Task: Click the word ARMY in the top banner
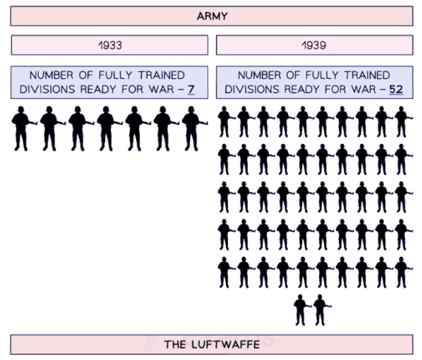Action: (212, 16)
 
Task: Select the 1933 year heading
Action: (110, 45)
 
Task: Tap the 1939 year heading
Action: (314, 45)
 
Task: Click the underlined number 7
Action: (192, 89)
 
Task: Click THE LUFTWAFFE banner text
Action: (211, 344)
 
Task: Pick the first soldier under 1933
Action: (21, 128)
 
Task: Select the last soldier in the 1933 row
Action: (192, 128)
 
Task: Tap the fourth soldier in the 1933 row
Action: (106, 128)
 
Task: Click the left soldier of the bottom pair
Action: (302, 310)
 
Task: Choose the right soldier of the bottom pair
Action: (321, 310)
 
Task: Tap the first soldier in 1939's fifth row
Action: (225, 272)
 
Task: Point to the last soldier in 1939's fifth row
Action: (401, 272)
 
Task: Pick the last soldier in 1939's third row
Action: (401, 197)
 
